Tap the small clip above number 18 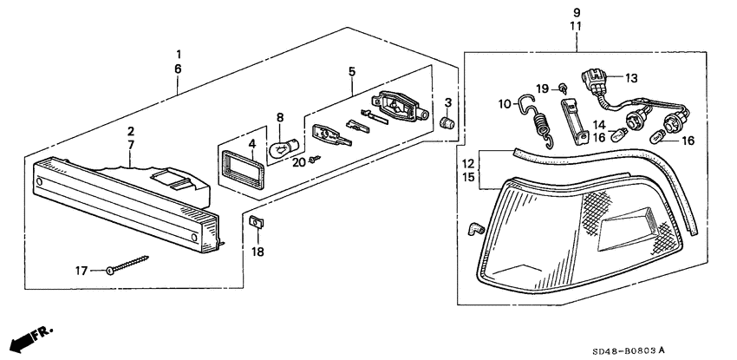256,224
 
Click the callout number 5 352,72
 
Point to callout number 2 130,130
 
